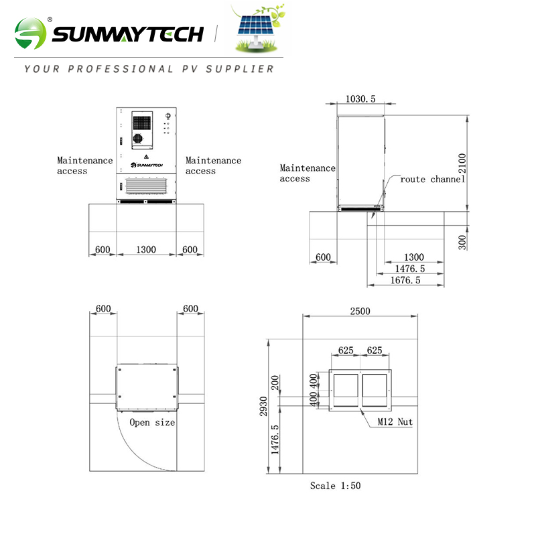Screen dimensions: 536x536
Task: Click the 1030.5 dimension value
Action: [360, 99]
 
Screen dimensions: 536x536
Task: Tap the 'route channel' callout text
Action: [432, 180]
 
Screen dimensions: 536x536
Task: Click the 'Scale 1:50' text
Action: [335, 485]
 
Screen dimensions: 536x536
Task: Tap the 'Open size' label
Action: [152, 423]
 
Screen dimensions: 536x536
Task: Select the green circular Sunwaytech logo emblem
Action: [31, 33]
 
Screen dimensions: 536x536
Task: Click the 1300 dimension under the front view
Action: [146, 249]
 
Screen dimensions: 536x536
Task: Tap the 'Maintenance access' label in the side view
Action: [308, 174]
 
